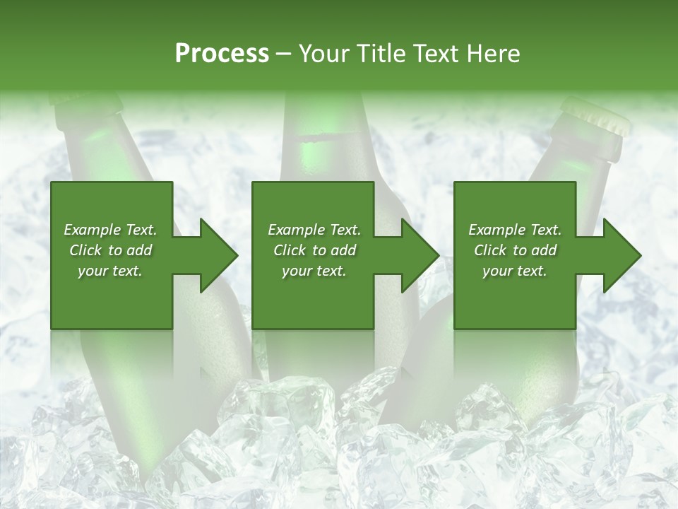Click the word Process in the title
[x=222, y=53]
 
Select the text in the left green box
[x=111, y=250]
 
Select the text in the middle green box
[x=314, y=250]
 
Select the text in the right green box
[x=515, y=250]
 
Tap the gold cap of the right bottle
[x=597, y=117]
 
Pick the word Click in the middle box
[x=289, y=250]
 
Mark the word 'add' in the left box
[x=139, y=250]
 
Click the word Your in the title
[x=321, y=53]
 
